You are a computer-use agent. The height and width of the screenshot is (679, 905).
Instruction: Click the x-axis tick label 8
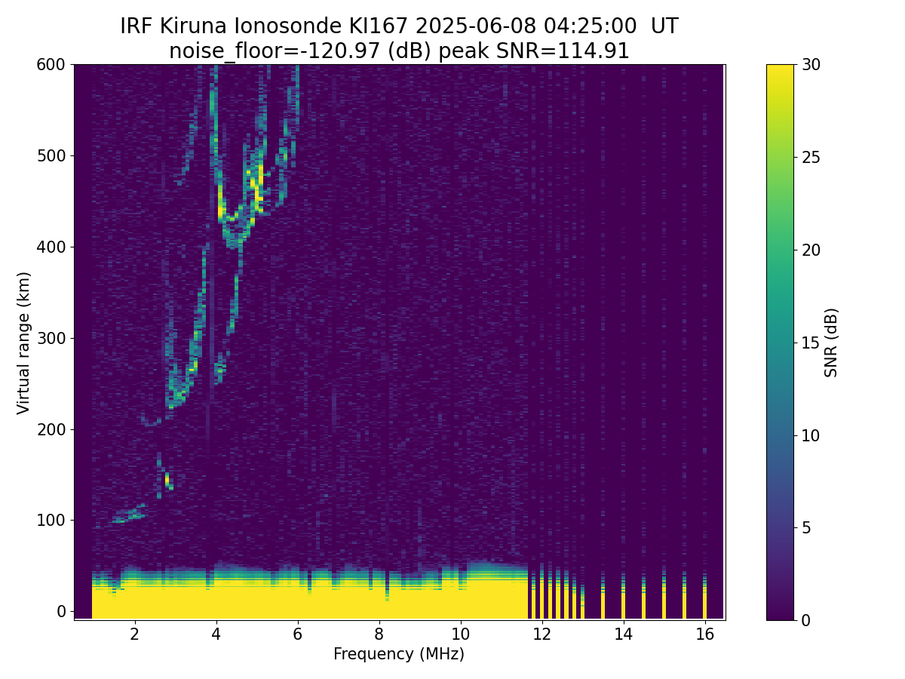[x=379, y=634]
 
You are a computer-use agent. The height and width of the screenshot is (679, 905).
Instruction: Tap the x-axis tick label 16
[x=704, y=634]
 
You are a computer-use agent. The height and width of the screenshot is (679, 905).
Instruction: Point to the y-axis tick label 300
[x=53, y=338]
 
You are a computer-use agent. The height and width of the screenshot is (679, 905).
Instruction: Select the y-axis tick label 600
[x=53, y=65]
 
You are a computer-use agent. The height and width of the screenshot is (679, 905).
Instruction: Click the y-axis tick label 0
[x=62, y=611]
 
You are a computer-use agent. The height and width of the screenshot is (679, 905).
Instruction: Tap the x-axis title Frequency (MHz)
[x=399, y=654]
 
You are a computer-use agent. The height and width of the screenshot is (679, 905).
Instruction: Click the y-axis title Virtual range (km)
[x=24, y=343]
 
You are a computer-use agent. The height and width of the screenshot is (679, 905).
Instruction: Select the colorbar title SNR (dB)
[x=831, y=343]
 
